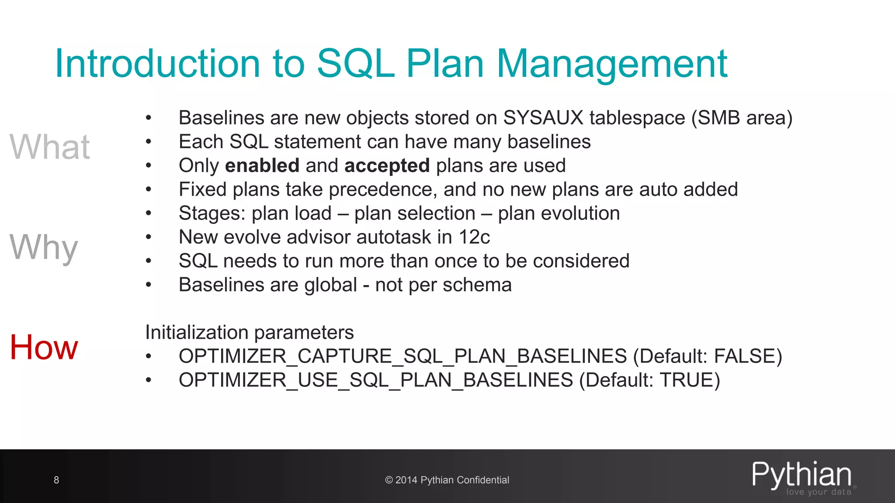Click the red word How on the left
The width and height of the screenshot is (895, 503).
pos(44,347)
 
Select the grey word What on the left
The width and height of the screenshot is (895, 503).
pos(50,147)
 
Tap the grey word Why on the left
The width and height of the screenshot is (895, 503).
pos(44,247)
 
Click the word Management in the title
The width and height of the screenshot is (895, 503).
pos(612,64)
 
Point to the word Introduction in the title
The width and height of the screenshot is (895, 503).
pos(158,64)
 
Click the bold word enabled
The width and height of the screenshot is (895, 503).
pos(262,165)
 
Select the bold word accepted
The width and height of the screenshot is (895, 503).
pos(387,165)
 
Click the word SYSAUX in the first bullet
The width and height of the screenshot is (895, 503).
pos(543,118)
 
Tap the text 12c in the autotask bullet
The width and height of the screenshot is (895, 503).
pos(474,237)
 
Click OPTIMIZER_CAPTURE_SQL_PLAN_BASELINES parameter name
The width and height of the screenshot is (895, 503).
pos(402,356)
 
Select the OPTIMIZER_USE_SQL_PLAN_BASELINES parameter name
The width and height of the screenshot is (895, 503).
pos(375,380)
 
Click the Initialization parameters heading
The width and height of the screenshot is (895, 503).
pos(249,332)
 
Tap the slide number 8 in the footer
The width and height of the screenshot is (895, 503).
pos(56,480)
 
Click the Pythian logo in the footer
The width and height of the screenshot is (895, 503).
pos(801,477)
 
